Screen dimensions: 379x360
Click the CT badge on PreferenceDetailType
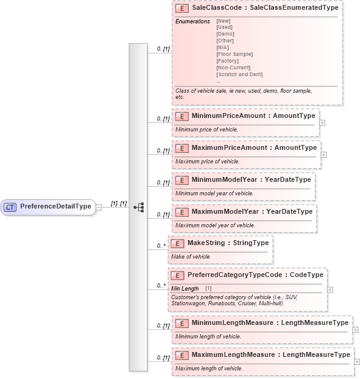click(10, 207)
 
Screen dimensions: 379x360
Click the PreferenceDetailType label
click(55, 206)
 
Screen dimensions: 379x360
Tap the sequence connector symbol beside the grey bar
click(138, 207)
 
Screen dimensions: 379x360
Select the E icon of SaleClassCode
click(181, 9)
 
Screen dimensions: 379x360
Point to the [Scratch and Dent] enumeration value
click(240, 74)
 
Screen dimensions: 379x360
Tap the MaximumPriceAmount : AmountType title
click(254, 147)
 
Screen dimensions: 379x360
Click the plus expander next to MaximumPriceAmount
click(324, 155)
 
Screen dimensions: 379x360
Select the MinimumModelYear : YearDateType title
click(251, 179)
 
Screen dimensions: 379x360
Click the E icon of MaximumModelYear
click(181, 212)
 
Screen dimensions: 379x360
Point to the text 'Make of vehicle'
click(190, 257)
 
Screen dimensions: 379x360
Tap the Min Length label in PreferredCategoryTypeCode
click(185, 289)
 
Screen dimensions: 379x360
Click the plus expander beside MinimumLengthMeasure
click(355, 330)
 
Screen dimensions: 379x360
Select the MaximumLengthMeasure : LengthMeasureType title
click(270, 355)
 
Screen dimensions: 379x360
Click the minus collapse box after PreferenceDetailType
click(99, 207)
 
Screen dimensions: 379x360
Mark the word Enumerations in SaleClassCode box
click(192, 21)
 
